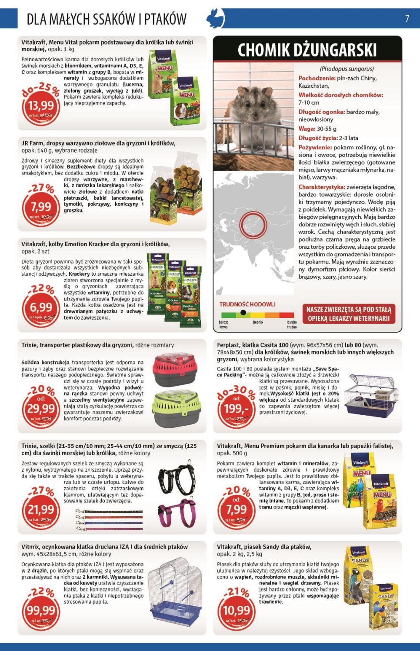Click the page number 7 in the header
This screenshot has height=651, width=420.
pos(407,19)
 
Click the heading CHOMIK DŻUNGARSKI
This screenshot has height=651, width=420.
pos(307,50)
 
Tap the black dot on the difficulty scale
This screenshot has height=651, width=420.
pos(243,313)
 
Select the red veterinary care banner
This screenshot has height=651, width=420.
pos(349,314)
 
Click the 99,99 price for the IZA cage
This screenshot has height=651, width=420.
pos(40,611)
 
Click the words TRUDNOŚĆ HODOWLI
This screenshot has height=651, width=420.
pos(247,304)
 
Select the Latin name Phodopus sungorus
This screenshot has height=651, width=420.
pos(347,69)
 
